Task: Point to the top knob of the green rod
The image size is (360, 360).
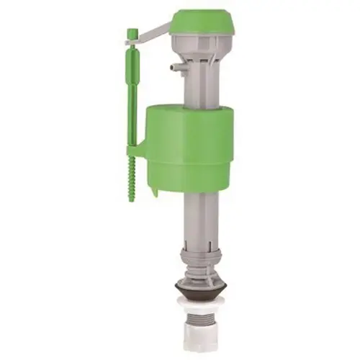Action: (132, 34)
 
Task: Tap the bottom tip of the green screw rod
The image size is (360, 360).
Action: (132, 199)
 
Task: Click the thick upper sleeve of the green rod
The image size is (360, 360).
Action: (132, 72)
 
